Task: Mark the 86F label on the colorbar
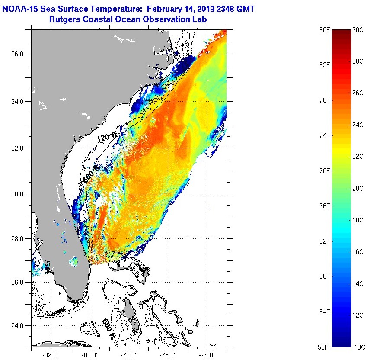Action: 325,29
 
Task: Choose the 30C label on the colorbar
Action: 358,29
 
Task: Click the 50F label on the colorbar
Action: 325,347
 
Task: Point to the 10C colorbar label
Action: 358,347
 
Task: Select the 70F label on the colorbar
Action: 325,170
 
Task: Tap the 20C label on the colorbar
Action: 358,188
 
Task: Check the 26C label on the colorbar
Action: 358,93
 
